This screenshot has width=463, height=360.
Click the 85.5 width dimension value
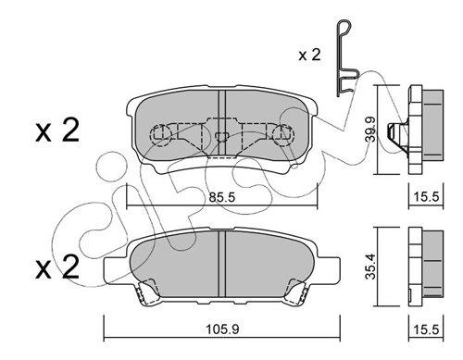click(x=222, y=197)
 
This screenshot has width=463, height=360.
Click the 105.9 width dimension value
click(x=222, y=329)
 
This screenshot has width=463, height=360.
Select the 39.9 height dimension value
click(x=370, y=129)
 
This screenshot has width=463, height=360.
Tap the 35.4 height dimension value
click(x=370, y=267)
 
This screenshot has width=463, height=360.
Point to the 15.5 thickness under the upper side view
click(x=426, y=196)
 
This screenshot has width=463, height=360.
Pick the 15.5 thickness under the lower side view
click(x=426, y=329)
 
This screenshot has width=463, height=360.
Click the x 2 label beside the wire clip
click(x=309, y=56)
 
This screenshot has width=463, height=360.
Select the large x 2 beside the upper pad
click(x=57, y=130)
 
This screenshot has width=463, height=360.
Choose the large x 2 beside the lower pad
click(x=57, y=267)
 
